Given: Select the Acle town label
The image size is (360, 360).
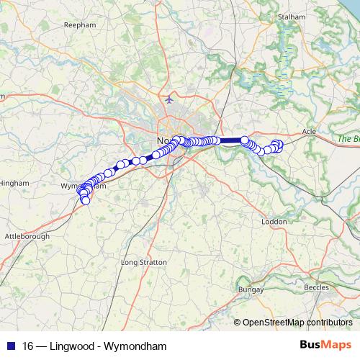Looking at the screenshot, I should pyautogui.click(x=309, y=132).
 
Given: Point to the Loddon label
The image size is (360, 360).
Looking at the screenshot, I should pyautogui.click(x=274, y=222).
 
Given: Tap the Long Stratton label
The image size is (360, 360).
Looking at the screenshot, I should pyautogui.click(x=140, y=262).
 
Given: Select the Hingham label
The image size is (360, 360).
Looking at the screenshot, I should pyautogui.click(x=14, y=183).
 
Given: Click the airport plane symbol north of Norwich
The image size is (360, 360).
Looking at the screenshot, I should pyautogui.click(x=169, y=99).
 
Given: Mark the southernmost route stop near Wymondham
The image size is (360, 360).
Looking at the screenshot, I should pyautogui.click(x=86, y=200).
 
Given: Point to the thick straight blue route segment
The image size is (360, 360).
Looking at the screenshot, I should pyautogui.click(x=230, y=140).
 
